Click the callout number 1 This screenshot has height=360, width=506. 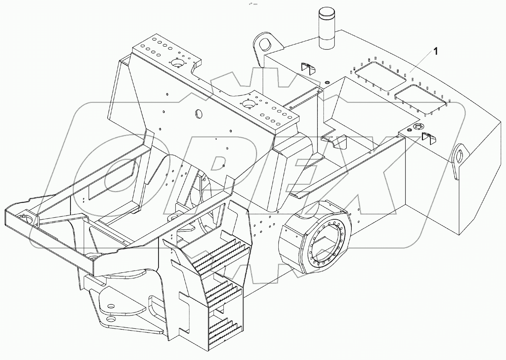coord(435,51)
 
